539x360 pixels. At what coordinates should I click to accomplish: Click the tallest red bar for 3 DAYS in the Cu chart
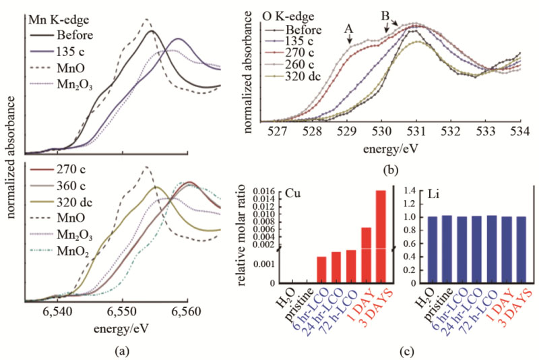click(381, 236)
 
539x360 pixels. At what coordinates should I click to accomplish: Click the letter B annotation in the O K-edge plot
click(385, 14)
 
